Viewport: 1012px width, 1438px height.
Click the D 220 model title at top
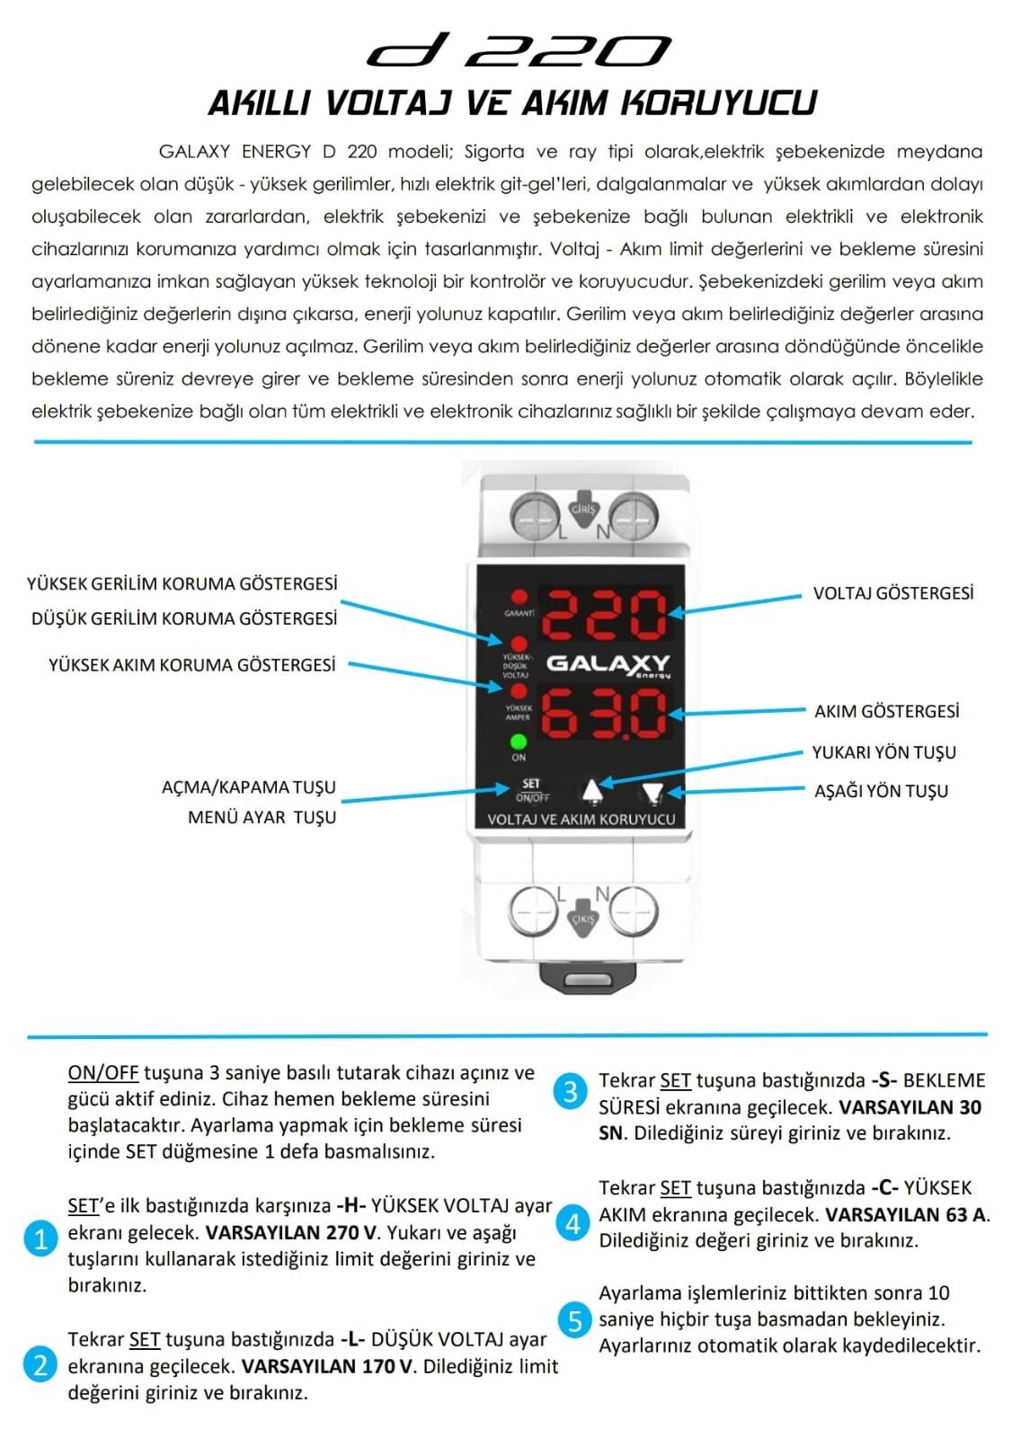click(519, 51)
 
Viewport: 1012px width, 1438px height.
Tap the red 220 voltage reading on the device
click(604, 615)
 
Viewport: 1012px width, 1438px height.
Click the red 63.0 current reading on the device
click(604, 713)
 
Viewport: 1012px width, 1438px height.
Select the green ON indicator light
click(519, 742)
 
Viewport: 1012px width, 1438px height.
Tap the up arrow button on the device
click(591, 791)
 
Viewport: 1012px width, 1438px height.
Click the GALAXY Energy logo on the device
click(608, 664)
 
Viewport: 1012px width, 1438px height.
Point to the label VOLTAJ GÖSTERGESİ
click(892, 593)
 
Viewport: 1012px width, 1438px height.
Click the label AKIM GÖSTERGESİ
click(886, 712)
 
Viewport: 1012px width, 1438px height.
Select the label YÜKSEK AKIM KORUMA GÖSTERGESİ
click(192, 665)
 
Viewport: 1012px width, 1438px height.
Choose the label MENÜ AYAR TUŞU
click(262, 817)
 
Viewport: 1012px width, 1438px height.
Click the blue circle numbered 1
click(40, 1239)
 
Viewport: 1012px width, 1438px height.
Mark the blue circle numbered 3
click(571, 1092)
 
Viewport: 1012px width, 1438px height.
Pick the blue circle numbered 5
click(574, 1320)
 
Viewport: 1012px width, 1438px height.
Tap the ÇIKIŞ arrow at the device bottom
click(583, 916)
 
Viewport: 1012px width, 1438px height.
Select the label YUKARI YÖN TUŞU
click(883, 752)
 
